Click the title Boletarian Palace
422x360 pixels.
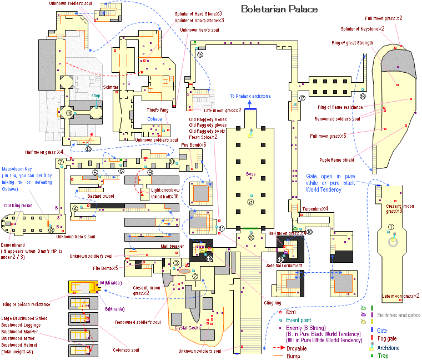coord(279,9)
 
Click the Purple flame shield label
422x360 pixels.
coord(348,159)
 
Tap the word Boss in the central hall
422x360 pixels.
coord(251,174)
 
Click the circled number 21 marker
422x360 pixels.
coord(250,202)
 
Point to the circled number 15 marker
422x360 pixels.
coord(200,54)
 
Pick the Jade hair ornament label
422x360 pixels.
coord(284,266)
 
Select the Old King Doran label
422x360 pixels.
coord(18,206)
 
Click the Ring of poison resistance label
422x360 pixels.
coord(26,304)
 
